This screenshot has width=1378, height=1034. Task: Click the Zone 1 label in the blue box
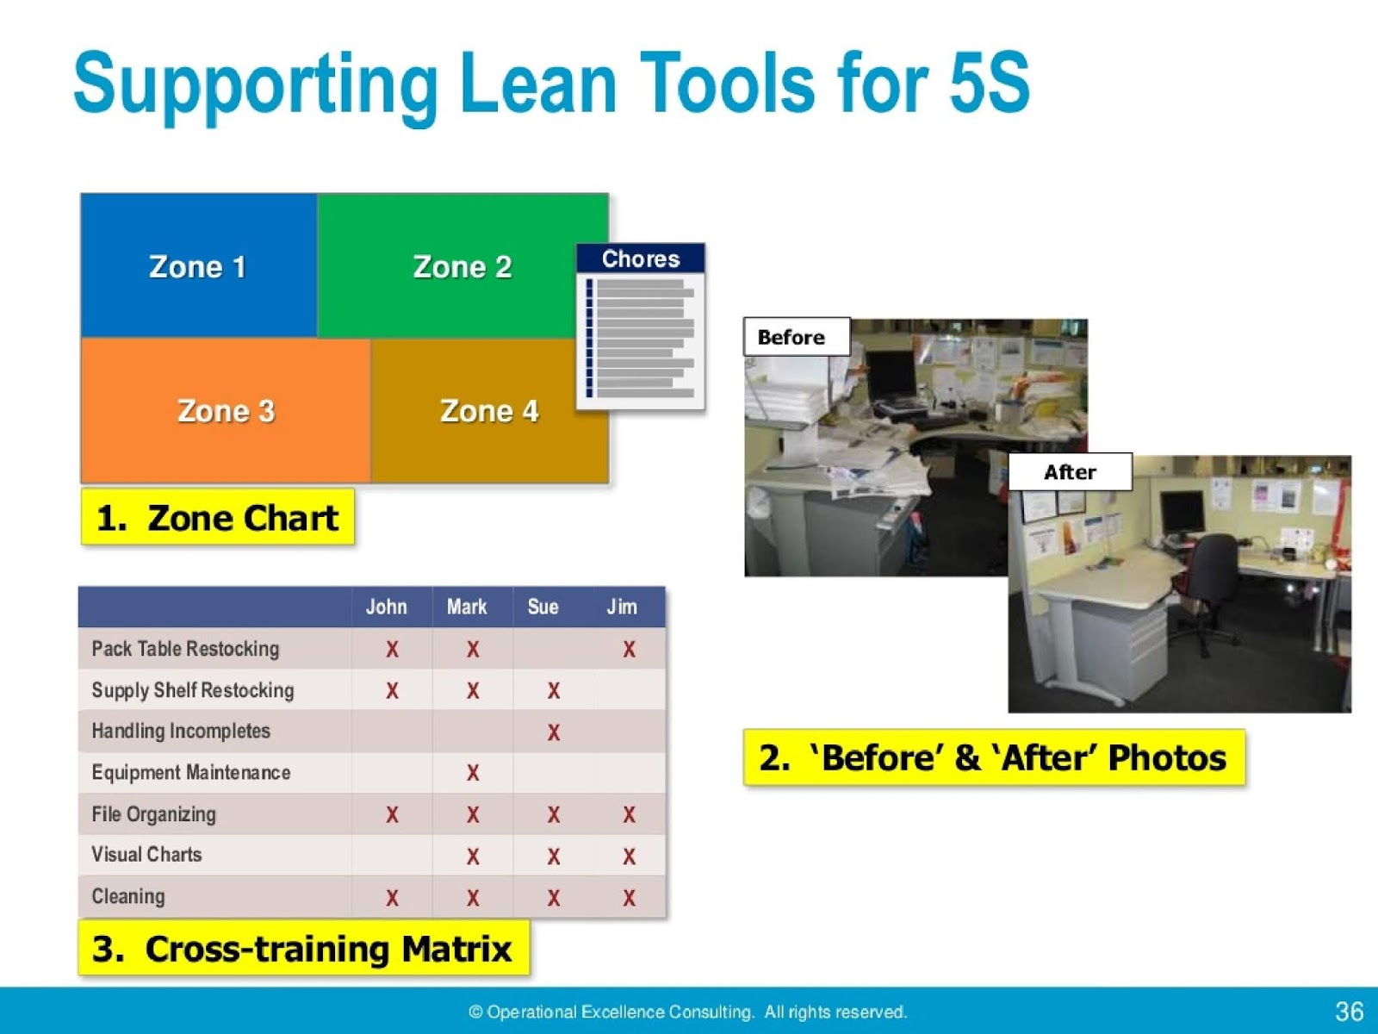pyautogui.click(x=197, y=266)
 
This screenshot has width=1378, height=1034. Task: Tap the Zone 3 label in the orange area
pyautogui.click(x=226, y=411)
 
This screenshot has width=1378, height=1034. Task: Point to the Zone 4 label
pyautogui.click(x=489, y=411)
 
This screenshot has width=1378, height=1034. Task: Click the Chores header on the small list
pyautogui.click(x=641, y=258)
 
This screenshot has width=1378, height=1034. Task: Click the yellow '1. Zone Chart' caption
pyautogui.click(x=217, y=518)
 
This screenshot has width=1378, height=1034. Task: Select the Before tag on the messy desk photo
pyautogui.click(x=791, y=337)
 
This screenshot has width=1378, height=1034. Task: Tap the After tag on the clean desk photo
pyautogui.click(x=1070, y=472)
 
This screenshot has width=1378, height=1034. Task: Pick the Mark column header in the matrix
pyautogui.click(x=467, y=607)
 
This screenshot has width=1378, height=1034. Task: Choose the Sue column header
pyautogui.click(x=543, y=607)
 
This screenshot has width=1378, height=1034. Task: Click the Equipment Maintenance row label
pyautogui.click(x=191, y=772)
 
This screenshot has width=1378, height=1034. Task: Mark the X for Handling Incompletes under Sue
pyautogui.click(x=554, y=732)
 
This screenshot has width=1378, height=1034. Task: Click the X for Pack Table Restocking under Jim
pyautogui.click(x=630, y=650)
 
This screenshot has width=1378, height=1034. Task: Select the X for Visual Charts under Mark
pyautogui.click(x=473, y=856)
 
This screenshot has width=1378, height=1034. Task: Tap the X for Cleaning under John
pyautogui.click(x=392, y=898)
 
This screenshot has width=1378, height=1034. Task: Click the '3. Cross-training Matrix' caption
pyautogui.click(x=303, y=949)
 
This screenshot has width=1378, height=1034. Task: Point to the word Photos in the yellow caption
pyautogui.click(x=1167, y=758)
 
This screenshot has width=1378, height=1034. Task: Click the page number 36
pyautogui.click(x=1349, y=1011)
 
